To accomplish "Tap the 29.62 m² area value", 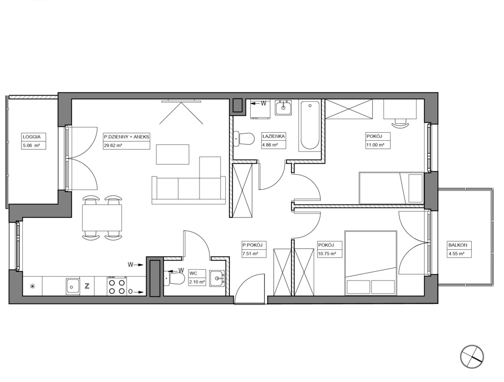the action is tap(112, 145).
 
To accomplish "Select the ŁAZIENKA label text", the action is tap(274, 136).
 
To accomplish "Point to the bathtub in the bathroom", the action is tap(310, 125).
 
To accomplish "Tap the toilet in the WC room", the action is tap(174, 278).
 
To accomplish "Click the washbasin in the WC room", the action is tap(218, 278).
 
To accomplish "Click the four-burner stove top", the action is tap(117, 286).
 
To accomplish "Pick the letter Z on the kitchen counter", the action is tap(87, 286).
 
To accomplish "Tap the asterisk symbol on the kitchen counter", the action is tap(32, 286).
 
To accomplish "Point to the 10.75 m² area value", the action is tap(327, 254).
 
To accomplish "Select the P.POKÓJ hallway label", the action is tap(253, 245).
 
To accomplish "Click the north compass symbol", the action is tap(472, 357).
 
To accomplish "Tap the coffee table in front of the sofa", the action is tap(173, 155).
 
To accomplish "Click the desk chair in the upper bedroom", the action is tap(400, 122).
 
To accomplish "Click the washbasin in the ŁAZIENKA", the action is tap(284, 107).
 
